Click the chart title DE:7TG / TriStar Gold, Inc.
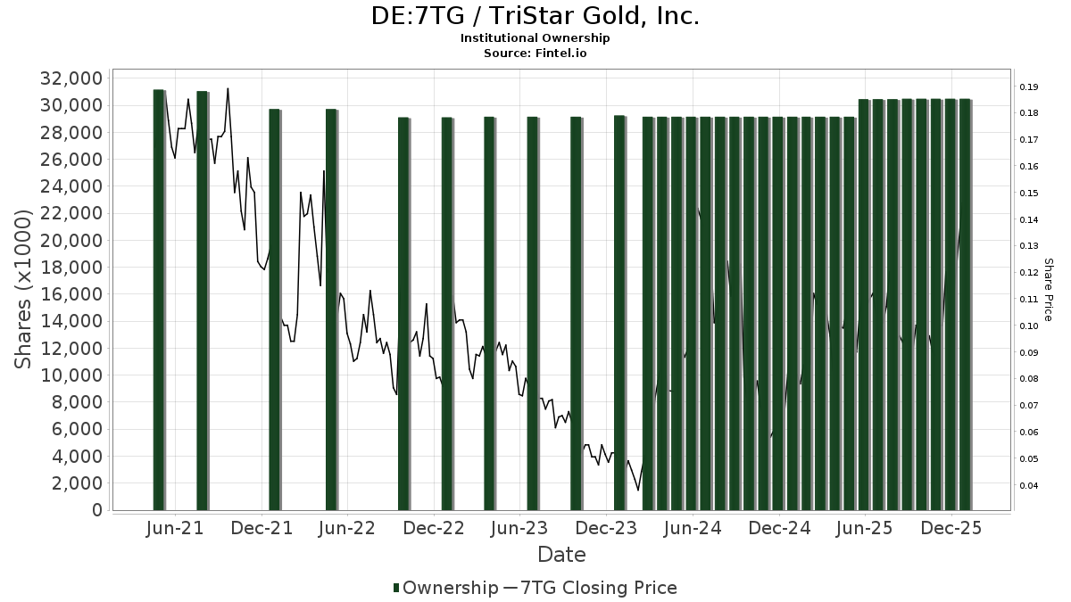535,16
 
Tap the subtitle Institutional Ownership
535,38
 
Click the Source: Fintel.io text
535,53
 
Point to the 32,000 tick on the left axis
71,78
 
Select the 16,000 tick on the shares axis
71,294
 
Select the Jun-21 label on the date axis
174,528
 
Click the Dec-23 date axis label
606,528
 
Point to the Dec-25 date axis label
951,528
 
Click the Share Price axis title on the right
1048,290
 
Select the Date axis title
561,555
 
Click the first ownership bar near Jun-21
158,300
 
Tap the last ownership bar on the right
965,304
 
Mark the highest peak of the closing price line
228,88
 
